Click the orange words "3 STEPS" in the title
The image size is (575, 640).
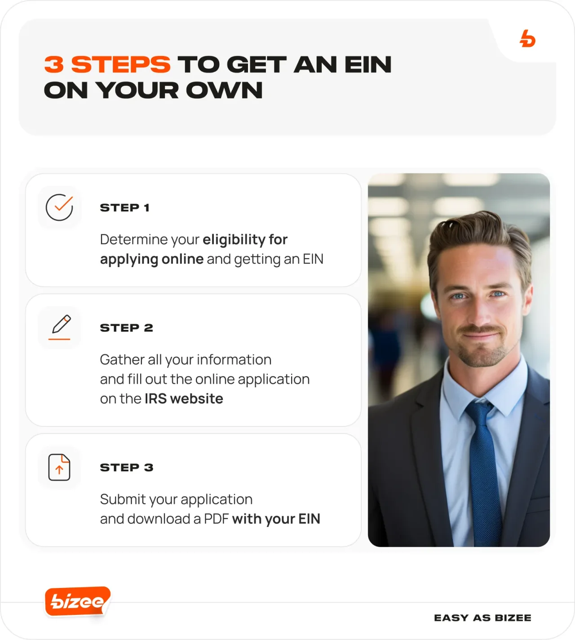(x=107, y=65)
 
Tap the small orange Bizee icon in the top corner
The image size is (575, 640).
(x=527, y=39)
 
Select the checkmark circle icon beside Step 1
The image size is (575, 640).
(x=59, y=207)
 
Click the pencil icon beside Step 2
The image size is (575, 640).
(x=60, y=327)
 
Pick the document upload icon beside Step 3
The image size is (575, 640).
(x=59, y=467)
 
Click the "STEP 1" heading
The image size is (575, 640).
(x=124, y=208)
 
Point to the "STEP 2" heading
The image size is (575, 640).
(x=126, y=328)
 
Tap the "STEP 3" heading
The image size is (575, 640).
(x=126, y=468)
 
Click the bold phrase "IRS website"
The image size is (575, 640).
(x=184, y=399)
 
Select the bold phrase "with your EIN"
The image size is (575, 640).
(x=276, y=519)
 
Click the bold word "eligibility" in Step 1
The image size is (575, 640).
(x=234, y=240)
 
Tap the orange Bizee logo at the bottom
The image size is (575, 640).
(x=77, y=601)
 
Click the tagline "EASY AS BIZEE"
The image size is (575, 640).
(x=482, y=618)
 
